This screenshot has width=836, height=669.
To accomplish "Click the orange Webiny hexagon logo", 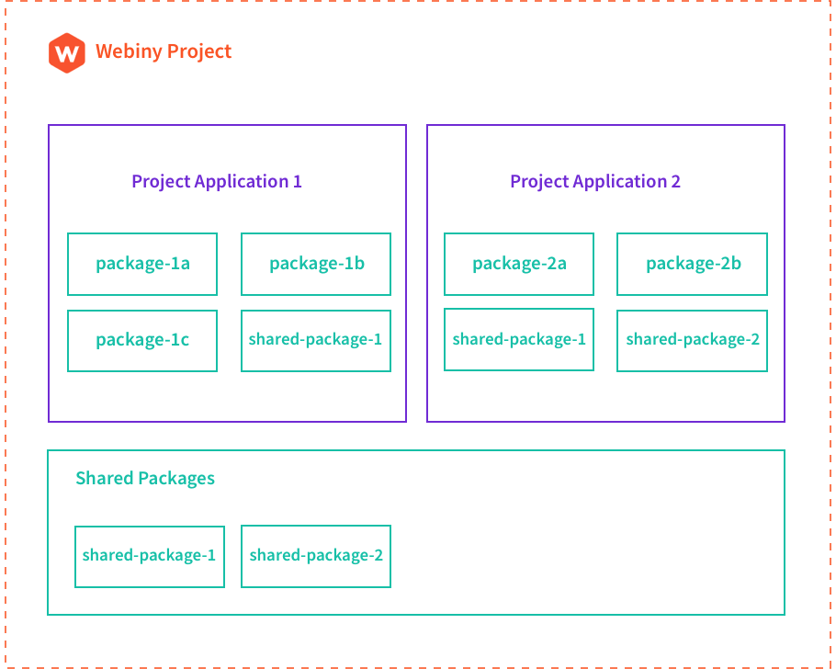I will point(66,52).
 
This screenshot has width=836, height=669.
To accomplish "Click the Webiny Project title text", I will point(164,51).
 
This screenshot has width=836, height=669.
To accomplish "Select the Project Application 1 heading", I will point(216,181).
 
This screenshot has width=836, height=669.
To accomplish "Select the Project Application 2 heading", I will point(595,181).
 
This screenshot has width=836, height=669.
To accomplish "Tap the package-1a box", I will point(142,264).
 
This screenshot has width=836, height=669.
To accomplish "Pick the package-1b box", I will point(316,264).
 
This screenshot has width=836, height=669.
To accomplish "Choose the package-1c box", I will point(142,341).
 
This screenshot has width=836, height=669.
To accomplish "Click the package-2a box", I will point(519,264).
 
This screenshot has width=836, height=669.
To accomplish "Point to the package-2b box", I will point(692,264).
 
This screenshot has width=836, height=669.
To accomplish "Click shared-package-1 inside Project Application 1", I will point(316,341).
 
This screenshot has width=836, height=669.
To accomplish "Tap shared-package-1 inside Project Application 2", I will point(519,339).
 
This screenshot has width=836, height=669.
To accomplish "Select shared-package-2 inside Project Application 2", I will point(692,341).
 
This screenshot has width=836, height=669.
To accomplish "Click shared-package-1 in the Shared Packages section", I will point(150,556).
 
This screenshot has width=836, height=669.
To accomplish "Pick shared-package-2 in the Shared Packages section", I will point(316,556).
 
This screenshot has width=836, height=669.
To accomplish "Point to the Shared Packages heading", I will point(145,478).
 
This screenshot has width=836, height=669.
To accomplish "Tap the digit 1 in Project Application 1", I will point(297,181).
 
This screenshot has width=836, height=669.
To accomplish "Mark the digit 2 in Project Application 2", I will point(676,181).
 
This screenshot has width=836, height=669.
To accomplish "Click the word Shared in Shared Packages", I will point(103,478).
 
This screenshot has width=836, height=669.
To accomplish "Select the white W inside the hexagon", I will point(66,53).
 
